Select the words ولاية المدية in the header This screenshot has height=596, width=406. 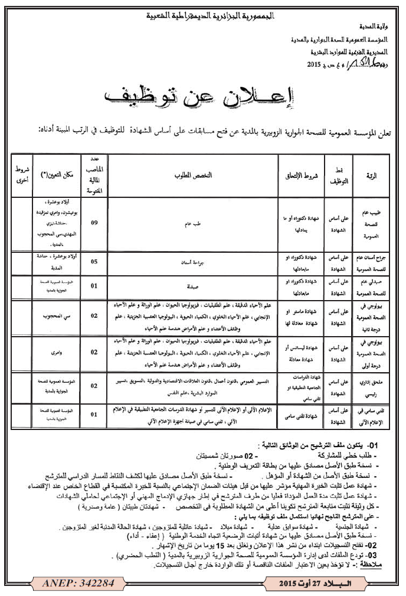[x=375, y=27]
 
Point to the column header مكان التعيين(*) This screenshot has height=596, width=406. [x=61, y=176]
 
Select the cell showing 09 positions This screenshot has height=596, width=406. [x=94, y=223]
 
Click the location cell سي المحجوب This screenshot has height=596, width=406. [x=61, y=316]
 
